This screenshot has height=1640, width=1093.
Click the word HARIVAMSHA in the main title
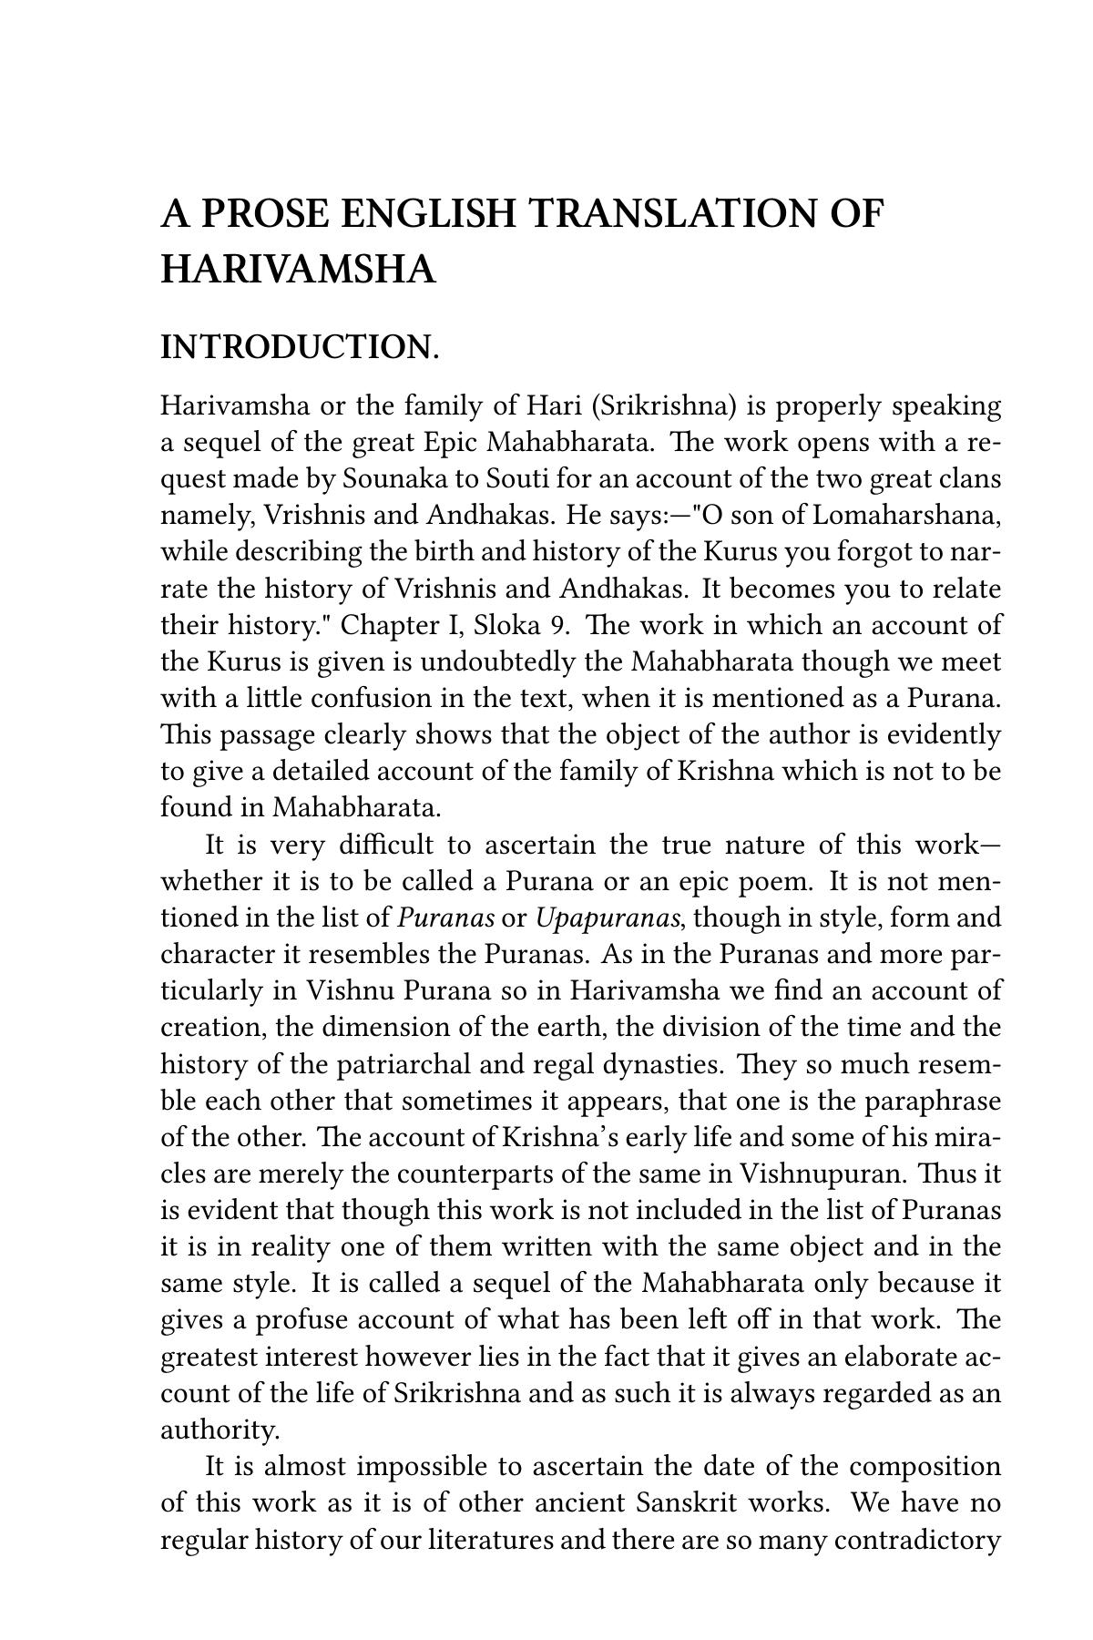pyautogui.click(x=298, y=270)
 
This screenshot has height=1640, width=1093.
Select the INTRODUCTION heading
pyautogui.click(x=300, y=347)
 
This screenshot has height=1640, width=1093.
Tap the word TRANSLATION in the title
pyautogui.click(x=673, y=214)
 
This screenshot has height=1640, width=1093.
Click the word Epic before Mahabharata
pyautogui.click(x=452, y=443)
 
